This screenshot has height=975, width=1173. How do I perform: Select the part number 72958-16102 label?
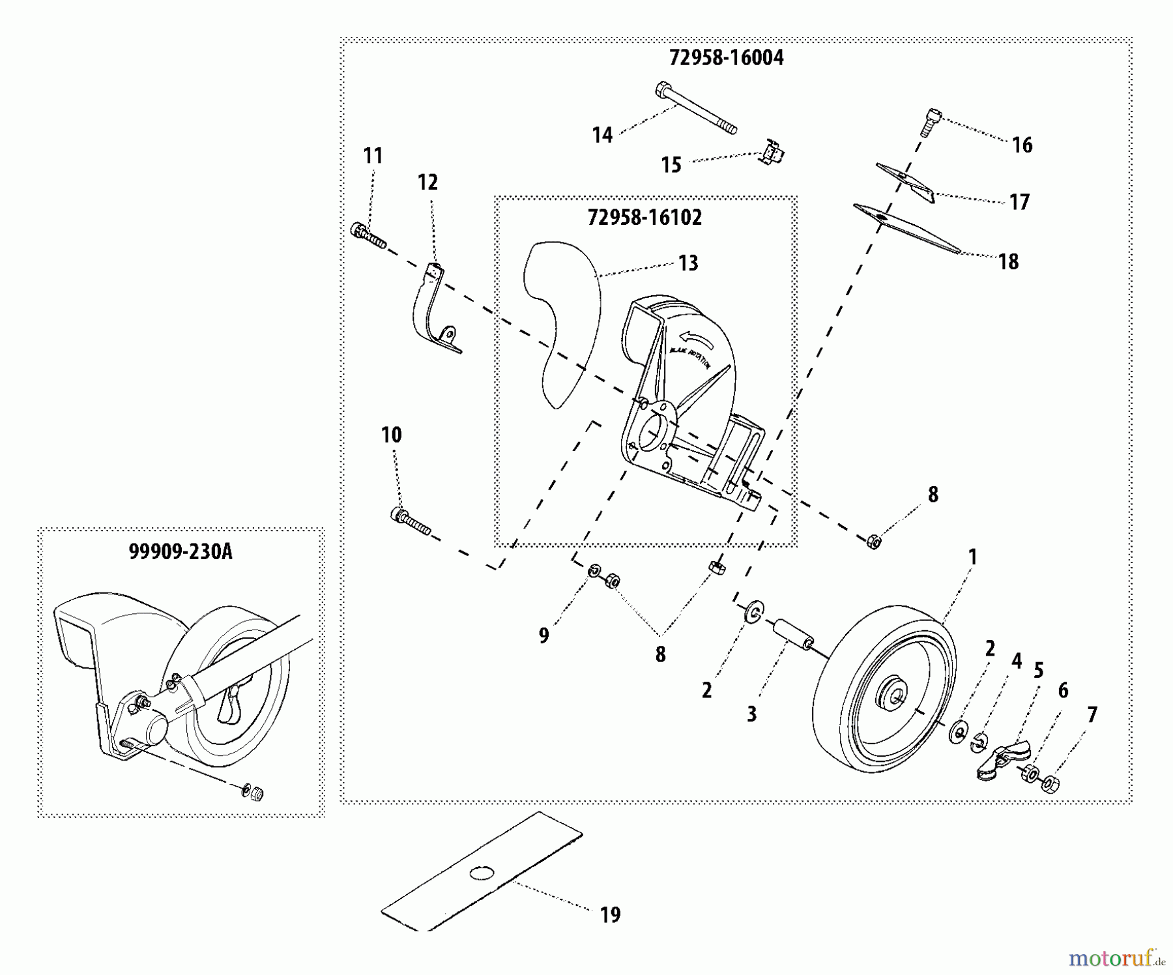(x=644, y=218)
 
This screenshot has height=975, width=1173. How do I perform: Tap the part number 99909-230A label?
(x=180, y=552)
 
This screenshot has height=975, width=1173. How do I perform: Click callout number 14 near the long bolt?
(x=602, y=136)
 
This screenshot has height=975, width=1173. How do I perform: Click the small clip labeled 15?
(x=773, y=154)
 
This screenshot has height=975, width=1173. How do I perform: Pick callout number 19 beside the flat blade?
(x=610, y=915)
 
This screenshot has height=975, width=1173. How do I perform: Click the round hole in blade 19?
(x=482, y=872)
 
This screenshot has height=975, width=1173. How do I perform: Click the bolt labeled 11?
(x=368, y=237)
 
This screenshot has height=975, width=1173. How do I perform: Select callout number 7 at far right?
(x=1092, y=715)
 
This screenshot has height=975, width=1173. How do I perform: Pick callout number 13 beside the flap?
(x=688, y=263)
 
